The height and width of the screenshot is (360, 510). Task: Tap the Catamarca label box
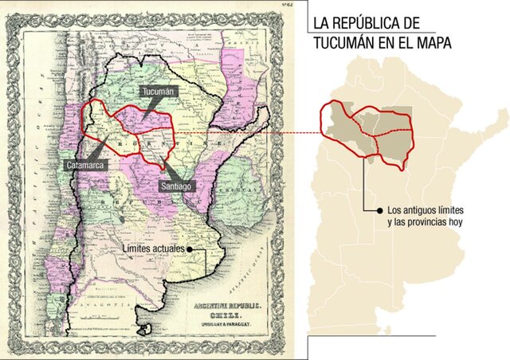click(82, 164)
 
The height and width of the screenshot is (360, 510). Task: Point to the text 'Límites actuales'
click(155, 248)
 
